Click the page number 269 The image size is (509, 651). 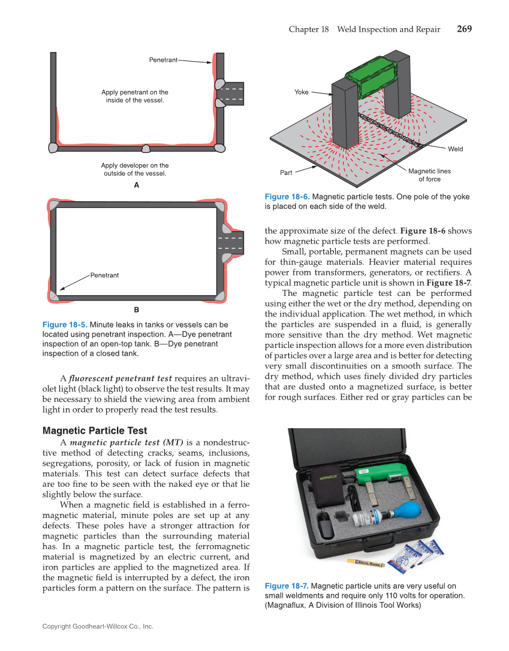[x=463, y=29]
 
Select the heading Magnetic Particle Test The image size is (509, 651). [x=95, y=431]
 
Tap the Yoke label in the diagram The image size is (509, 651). [x=301, y=92]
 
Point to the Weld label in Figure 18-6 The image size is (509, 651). [x=455, y=149]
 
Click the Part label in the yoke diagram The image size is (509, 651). [x=286, y=173]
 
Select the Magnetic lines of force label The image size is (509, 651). [x=429, y=175]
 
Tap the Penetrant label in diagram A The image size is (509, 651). [x=163, y=60]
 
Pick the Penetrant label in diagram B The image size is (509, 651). [x=104, y=275]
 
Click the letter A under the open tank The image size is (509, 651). [x=136, y=186]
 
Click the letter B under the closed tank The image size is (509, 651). [x=136, y=310]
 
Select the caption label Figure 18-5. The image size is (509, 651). [x=64, y=325]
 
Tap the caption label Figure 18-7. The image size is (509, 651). [x=287, y=586]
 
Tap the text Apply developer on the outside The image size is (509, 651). [x=135, y=169]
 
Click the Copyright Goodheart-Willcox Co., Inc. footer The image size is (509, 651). [x=98, y=626]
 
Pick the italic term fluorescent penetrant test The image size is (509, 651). [x=121, y=379]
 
